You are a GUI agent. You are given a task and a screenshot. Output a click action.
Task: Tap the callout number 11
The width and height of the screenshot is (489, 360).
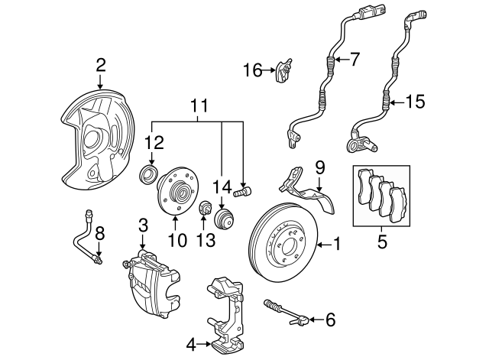(199, 105)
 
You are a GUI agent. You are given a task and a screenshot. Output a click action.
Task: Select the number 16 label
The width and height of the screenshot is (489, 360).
(253, 71)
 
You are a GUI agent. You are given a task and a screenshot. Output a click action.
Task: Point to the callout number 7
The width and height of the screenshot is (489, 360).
(354, 58)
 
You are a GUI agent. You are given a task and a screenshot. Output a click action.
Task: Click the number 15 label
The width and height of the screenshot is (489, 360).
(414, 100)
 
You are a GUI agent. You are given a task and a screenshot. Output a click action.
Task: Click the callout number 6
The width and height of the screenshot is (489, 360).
(330, 319)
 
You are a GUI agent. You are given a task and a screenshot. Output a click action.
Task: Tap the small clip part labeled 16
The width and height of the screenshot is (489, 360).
(285, 70)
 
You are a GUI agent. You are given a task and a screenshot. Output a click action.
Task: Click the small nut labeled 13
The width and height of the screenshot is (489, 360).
(205, 209)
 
